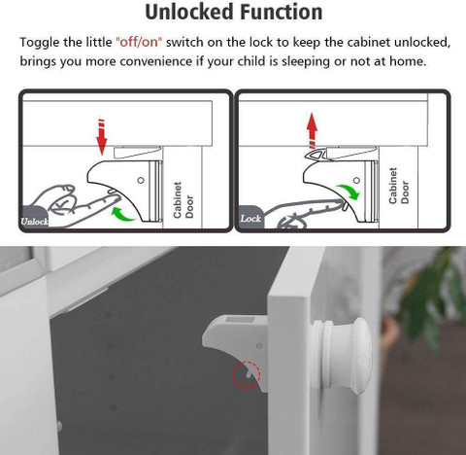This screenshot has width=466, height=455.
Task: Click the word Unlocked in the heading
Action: click(x=185, y=13)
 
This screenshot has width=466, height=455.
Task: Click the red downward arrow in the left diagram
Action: click(x=100, y=135)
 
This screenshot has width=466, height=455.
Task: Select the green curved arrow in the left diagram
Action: click(x=124, y=209)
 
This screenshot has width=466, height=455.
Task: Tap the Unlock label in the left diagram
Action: click(x=35, y=221)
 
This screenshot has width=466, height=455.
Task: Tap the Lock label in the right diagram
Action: click(x=250, y=219)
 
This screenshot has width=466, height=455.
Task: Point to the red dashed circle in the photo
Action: click(x=248, y=373)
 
